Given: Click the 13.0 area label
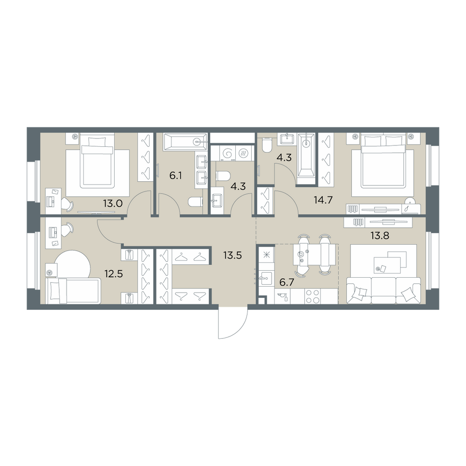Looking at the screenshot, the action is [x=113, y=204].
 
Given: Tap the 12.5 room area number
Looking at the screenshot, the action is [x=114, y=274].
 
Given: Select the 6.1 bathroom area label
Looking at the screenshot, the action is [x=175, y=176].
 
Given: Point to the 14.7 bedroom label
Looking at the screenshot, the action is [x=323, y=200].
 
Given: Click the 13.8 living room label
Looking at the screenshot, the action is [x=379, y=236].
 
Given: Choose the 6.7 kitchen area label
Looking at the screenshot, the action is [x=287, y=282].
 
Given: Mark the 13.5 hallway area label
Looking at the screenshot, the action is [x=233, y=255].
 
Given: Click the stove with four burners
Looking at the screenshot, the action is [x=312, y=296].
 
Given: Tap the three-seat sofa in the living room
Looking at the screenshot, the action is [x=384, y=290].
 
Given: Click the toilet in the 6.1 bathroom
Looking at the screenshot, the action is [x=196, y=203].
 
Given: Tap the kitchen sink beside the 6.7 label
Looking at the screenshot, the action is [x=265, y=279].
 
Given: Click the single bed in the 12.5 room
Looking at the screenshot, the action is [x=73, y=291].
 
